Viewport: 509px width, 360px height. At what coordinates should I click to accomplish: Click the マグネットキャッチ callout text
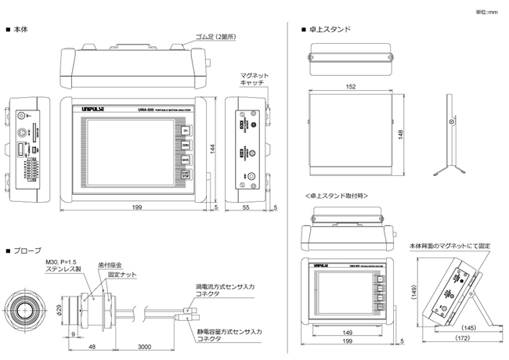click(254, 77)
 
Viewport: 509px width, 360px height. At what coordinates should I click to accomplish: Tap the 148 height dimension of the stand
click(402, 135)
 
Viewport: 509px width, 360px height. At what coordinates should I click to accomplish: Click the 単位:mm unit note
click(486, 12)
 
